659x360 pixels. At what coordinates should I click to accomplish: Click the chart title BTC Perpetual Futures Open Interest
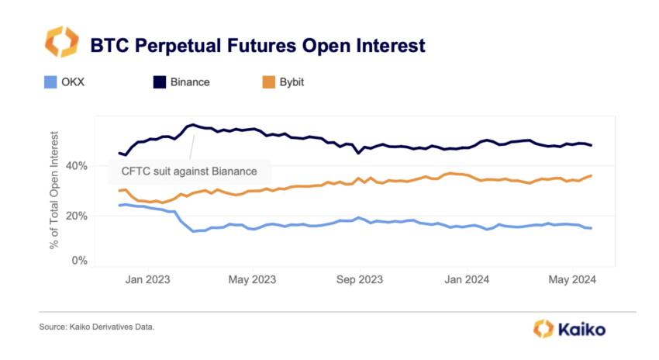point(258,44)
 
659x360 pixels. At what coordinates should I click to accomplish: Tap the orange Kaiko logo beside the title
point(60,43)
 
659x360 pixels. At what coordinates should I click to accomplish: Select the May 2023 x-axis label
point(252,280)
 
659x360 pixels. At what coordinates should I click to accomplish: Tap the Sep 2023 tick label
point(359,280)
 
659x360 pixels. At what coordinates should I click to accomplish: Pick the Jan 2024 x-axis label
point(467,280)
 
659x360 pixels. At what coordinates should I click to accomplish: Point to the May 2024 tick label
point(571,280)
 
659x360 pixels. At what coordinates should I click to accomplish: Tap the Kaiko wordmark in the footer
point(578,328)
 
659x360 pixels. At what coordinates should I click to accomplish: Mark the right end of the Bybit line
point(592,176)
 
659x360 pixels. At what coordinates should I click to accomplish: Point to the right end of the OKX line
point(592,228)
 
